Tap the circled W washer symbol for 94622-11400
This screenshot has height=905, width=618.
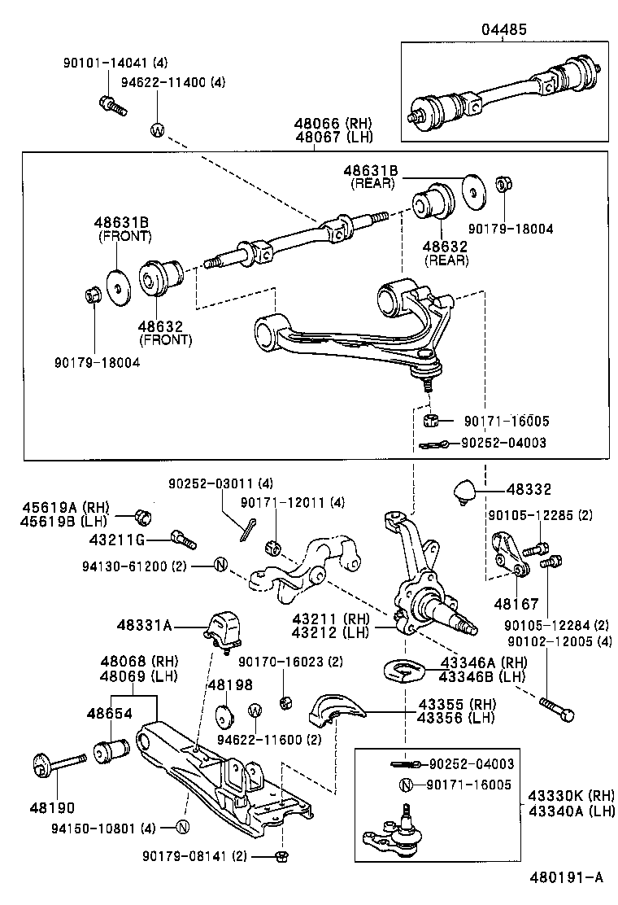158,129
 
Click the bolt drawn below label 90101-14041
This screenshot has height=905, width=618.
111,104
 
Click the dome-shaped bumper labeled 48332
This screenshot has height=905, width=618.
463,492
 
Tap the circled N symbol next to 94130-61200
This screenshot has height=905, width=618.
219,565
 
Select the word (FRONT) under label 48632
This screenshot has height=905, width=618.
165,340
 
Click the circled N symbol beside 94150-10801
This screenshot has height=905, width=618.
182,828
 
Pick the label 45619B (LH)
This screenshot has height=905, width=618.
63,521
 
